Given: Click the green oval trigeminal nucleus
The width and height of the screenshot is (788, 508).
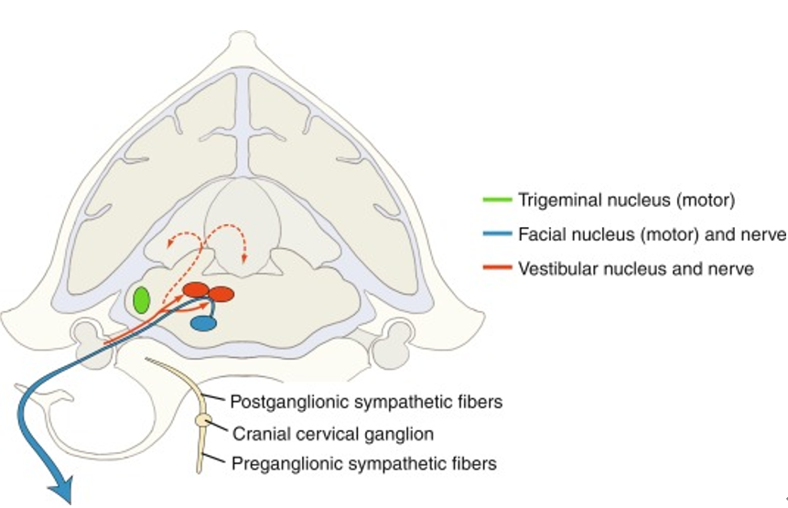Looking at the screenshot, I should pos(141,300).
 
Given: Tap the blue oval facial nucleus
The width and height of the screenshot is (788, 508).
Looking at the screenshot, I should pos(203,322).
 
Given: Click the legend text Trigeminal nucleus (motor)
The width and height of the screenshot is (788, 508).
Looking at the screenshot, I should pos(626,199).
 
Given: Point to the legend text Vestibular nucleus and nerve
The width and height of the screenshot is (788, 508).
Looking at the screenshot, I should pos(635,269).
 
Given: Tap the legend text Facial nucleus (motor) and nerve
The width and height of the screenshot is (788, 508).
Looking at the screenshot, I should pos(652,234).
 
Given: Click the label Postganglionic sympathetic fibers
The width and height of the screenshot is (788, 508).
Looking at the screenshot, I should pos(366,401).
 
